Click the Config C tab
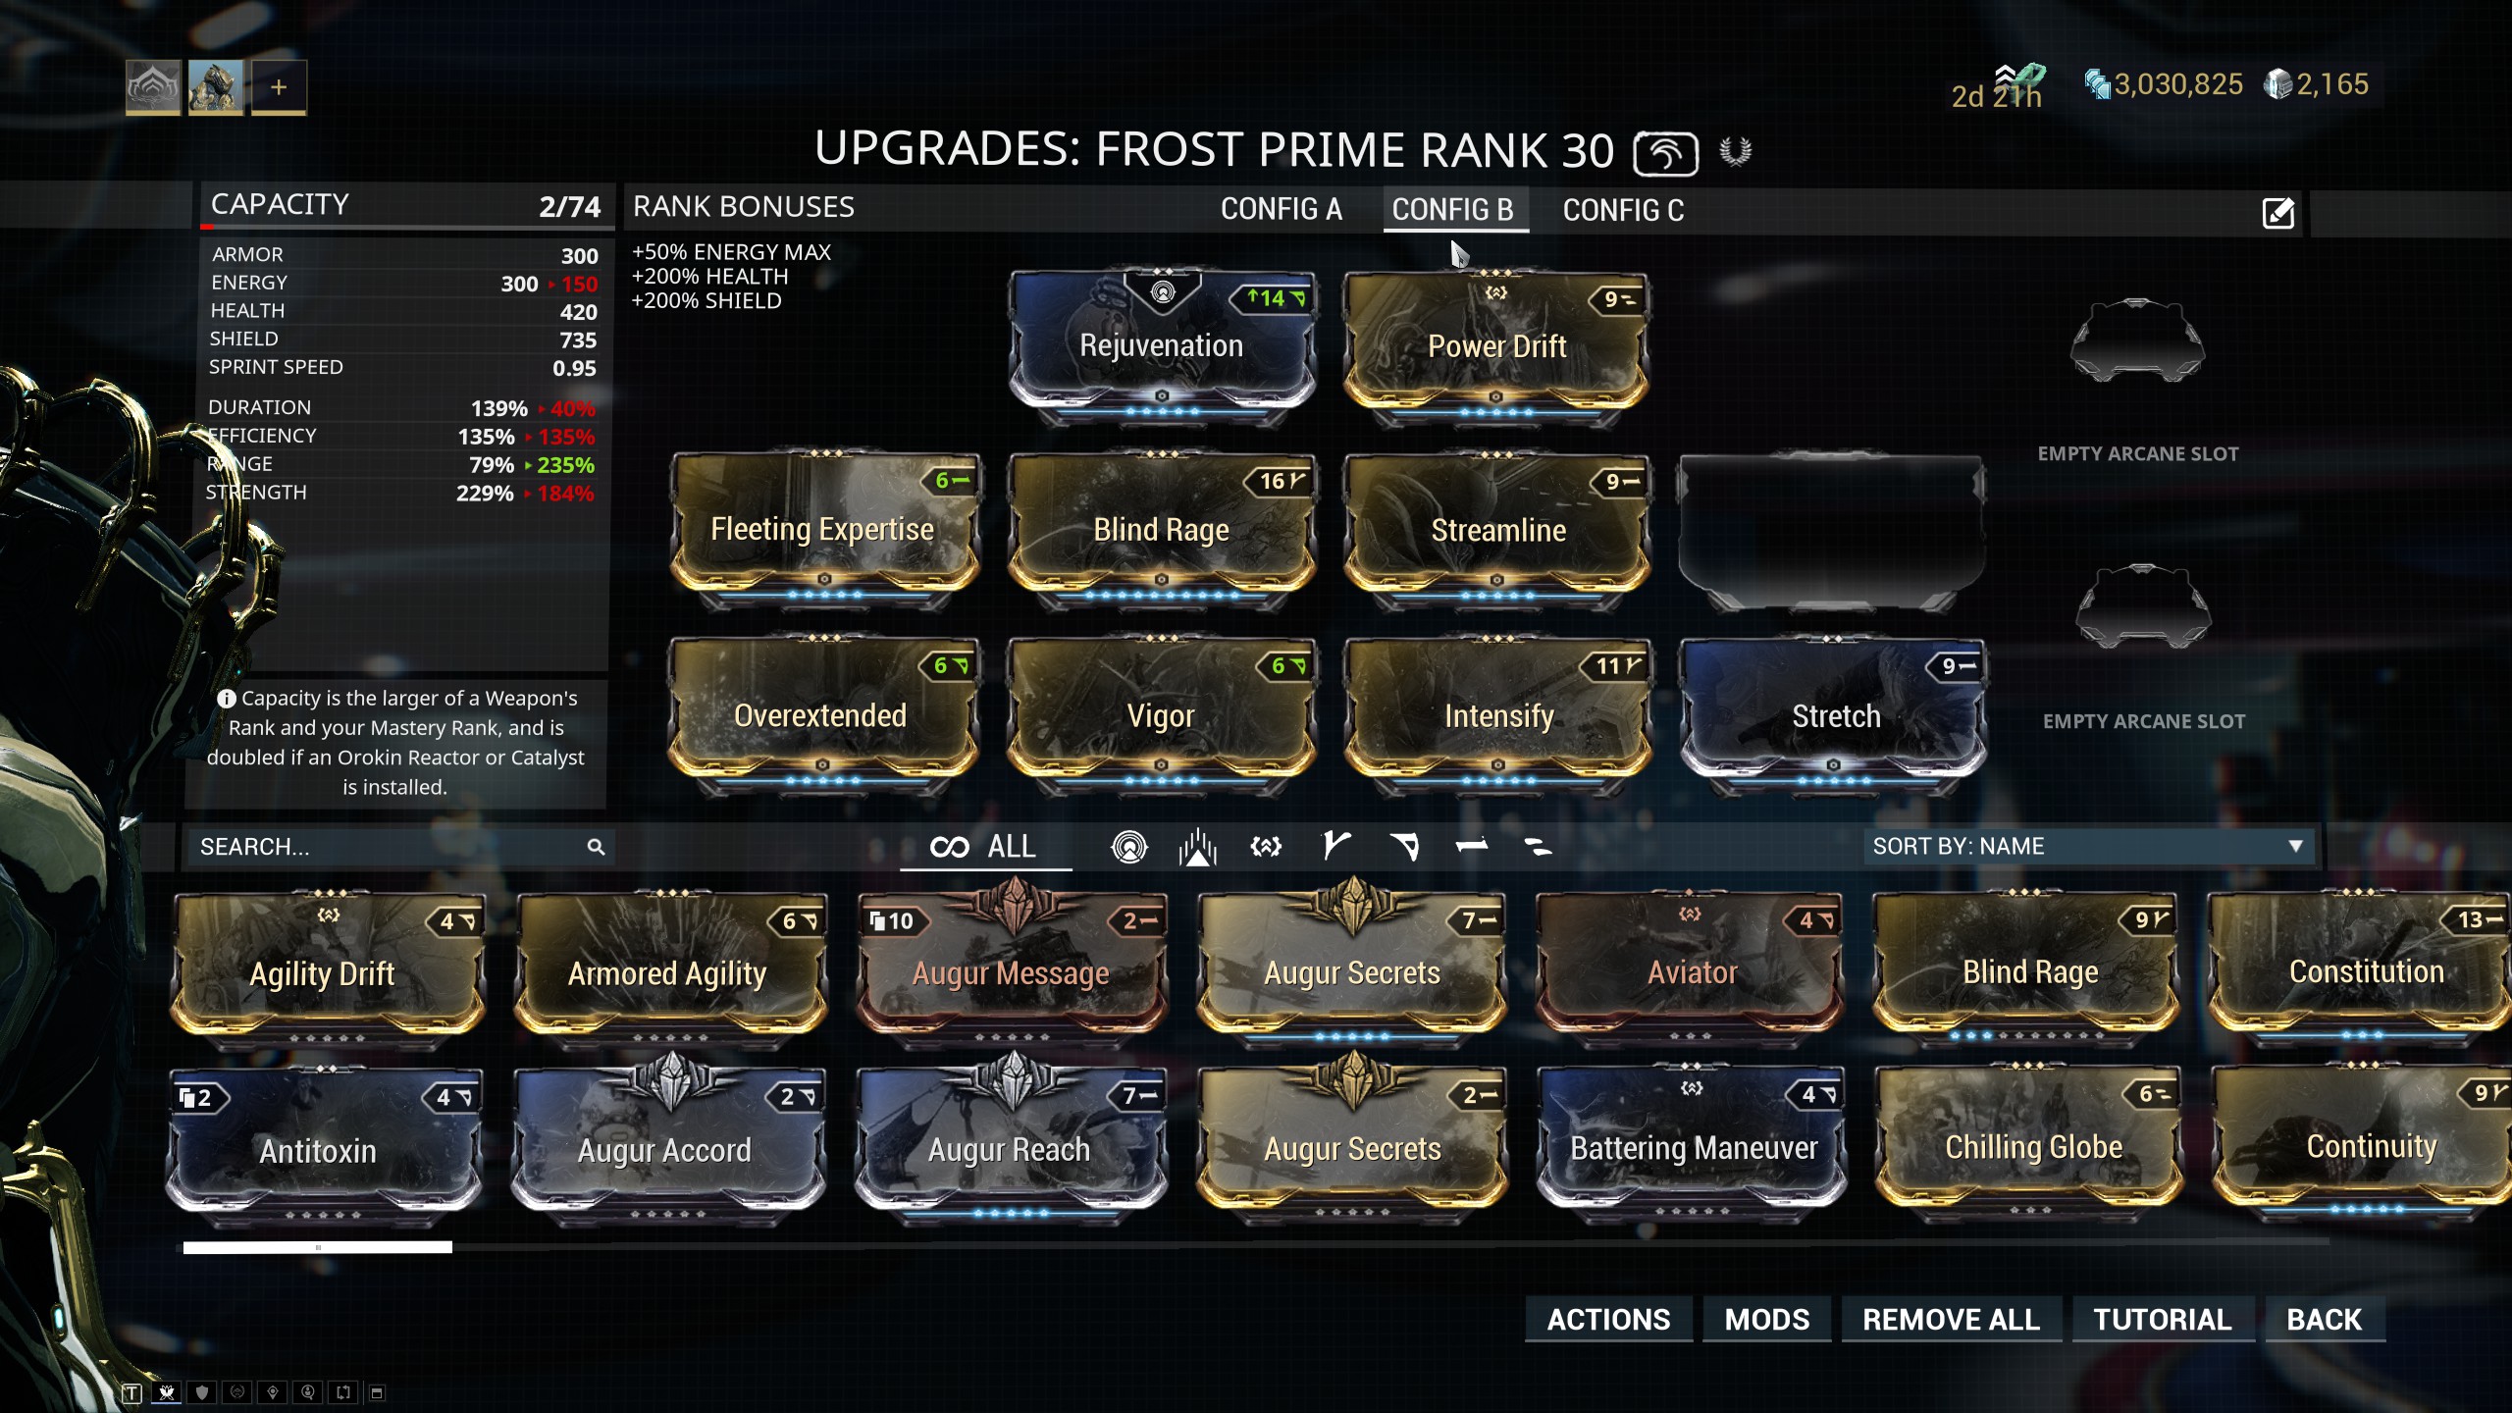1623,210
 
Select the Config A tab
1281,210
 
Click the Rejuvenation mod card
1162,346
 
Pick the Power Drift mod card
1496,346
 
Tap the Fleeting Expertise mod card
822,530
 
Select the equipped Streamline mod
1497,530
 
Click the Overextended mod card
820,715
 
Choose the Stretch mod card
1835,715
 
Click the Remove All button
1951,1320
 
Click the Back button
2324,1320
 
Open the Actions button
1608,1320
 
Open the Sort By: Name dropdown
2088,847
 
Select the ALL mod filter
984,847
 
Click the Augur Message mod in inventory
1011,972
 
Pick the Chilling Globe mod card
2033,1147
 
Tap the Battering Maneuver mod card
1694,1148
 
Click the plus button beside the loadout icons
279,87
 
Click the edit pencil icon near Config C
2277,212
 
